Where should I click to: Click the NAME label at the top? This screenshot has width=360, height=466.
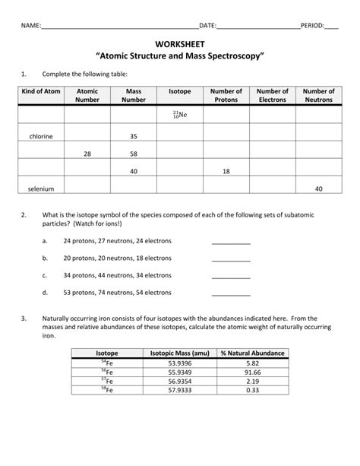(x=31, y=25)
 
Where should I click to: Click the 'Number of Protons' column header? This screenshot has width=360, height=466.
(x=226, y=95)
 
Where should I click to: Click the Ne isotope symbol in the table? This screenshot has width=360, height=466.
(x=180, y=114)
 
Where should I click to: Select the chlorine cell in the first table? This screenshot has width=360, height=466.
(x=41, y=136)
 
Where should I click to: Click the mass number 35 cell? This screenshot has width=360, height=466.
(x=134, y=136)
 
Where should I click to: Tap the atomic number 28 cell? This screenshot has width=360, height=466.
(x=87, y=154)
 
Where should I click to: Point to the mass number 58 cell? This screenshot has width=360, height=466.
(x=134, y=154)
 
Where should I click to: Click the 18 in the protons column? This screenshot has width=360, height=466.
(x=226, y=171)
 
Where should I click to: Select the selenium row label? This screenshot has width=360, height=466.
(x=41, y=189)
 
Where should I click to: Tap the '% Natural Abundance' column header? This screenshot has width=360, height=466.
(x=253, y=353)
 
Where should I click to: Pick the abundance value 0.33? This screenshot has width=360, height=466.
(x=253, y=390)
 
